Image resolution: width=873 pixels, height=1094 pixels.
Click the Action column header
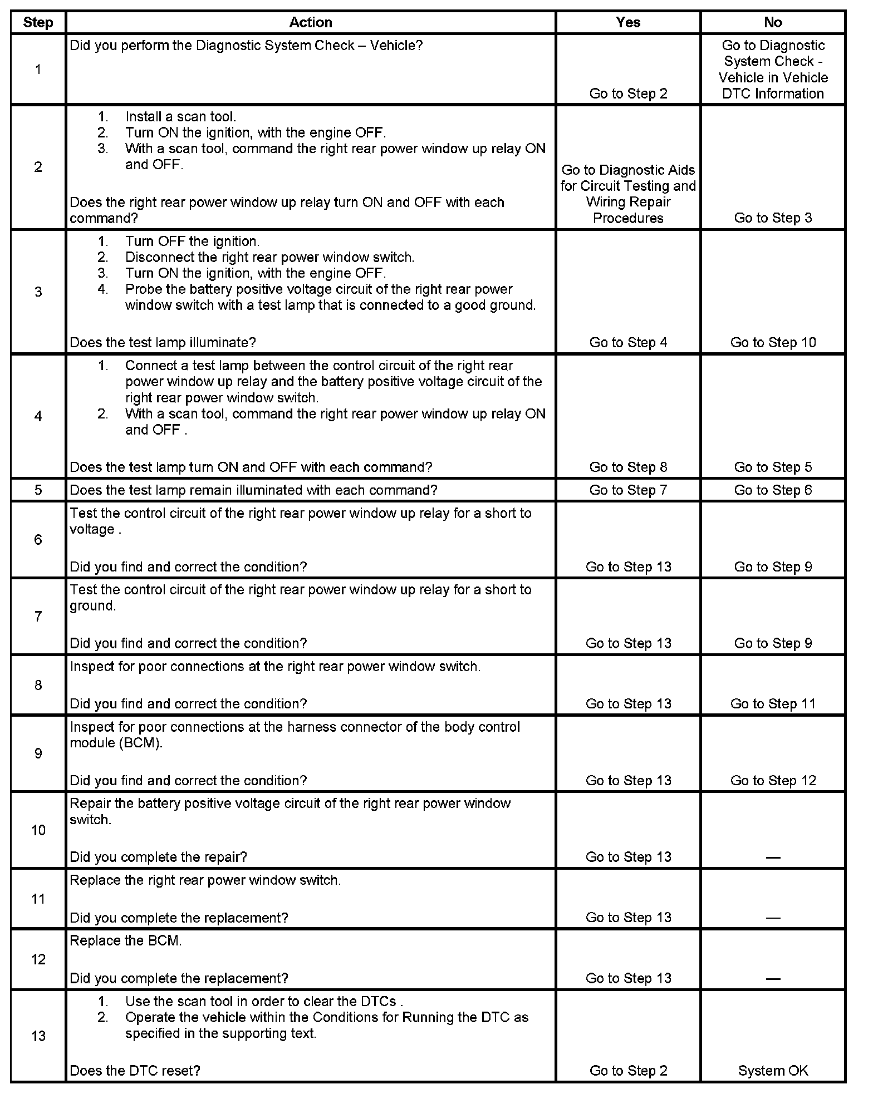coord(311,22)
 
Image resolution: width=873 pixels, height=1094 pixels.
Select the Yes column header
coord(628,22)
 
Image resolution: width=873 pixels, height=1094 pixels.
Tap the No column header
coord(773,22)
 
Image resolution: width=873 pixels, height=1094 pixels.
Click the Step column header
coord(38,23)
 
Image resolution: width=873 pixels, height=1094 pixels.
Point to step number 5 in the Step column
coord(38,490)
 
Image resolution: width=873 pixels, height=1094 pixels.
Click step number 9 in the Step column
coord(38,753)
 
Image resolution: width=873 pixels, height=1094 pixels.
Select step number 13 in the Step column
coord(38,1036)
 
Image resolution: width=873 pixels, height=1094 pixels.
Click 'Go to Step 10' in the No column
coord(773,343)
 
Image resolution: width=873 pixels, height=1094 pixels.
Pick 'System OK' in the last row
coord(773,1071)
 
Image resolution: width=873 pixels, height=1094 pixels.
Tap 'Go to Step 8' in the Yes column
coord(628,467)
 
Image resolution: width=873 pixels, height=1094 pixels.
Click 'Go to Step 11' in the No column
coord(773,704)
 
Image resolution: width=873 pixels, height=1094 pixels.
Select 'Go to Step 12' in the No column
coord(773,781)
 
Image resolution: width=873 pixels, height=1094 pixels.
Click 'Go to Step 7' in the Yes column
coord(628,490)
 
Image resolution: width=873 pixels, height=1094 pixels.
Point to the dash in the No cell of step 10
coord(773,858)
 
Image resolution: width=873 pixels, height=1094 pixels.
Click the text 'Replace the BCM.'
coord(126,941)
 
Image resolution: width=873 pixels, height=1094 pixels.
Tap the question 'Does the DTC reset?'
coord(135,1071)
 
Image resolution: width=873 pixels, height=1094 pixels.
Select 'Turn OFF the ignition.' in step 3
coord(192,242)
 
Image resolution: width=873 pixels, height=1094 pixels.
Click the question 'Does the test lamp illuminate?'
coord(163,343)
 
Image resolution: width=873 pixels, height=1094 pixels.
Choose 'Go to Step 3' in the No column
coord(773,218)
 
